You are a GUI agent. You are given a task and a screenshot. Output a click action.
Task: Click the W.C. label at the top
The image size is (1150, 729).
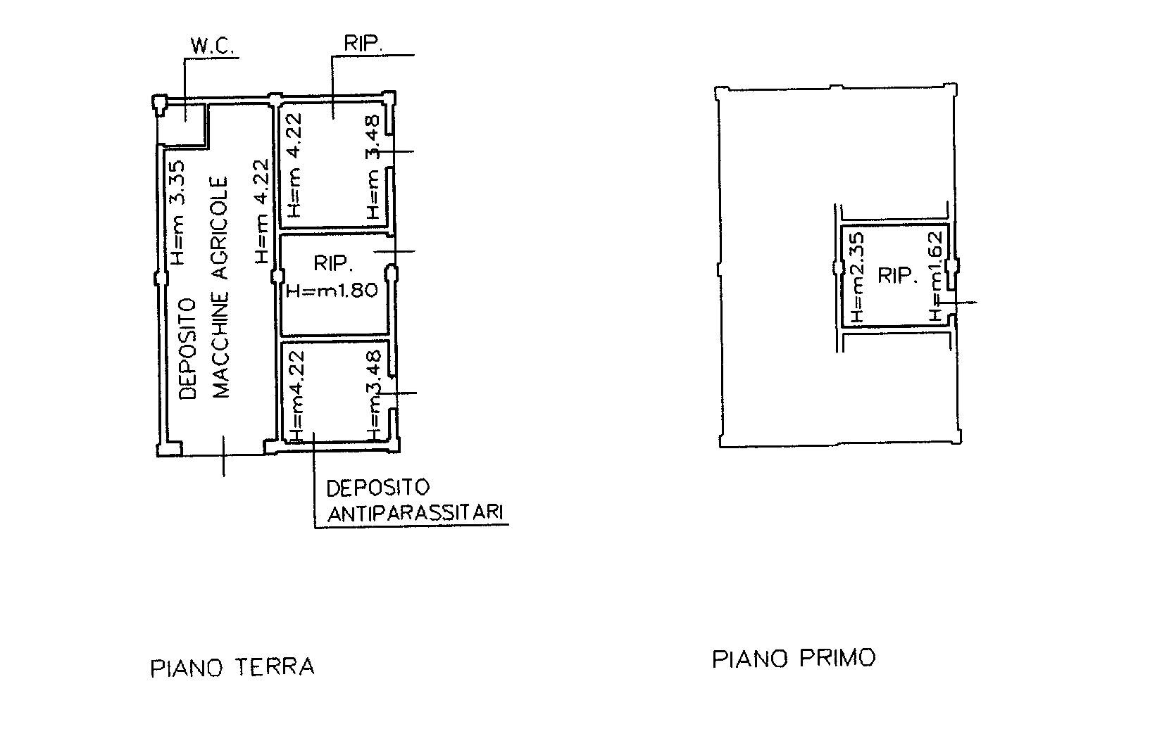(x=212, y=46)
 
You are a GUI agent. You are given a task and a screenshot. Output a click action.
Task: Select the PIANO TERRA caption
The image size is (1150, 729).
(x=232, y=668)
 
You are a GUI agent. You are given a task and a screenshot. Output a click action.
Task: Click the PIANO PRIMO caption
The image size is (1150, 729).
(x=794, y=658)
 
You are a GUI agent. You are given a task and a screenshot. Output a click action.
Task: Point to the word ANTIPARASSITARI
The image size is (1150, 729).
(x=415, y=512)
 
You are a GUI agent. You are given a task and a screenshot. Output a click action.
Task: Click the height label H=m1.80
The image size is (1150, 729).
(x=332, y=291)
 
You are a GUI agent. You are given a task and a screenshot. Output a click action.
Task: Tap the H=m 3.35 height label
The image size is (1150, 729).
(x=177, y=213)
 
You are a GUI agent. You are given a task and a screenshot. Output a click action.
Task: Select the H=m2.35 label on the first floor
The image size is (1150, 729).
(x=857, y=277)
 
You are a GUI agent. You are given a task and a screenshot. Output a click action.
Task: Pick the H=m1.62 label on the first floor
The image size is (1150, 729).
(x=937, y=277)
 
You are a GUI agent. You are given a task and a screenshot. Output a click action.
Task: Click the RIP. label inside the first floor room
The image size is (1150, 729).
(x=897, y=276)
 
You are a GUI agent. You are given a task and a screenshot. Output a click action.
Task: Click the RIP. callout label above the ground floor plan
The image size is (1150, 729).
(x=363, y=44)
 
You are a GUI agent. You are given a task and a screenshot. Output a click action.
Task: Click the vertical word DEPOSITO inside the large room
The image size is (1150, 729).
(x=189, y=349)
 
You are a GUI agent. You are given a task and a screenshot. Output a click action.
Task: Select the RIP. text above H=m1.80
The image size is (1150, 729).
(x=333, y=263)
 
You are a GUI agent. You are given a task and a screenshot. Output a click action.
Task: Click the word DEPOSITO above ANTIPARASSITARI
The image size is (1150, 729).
(x=378, y=488)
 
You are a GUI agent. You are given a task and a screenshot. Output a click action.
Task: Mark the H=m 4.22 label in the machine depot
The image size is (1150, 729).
(x=261, y=212)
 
